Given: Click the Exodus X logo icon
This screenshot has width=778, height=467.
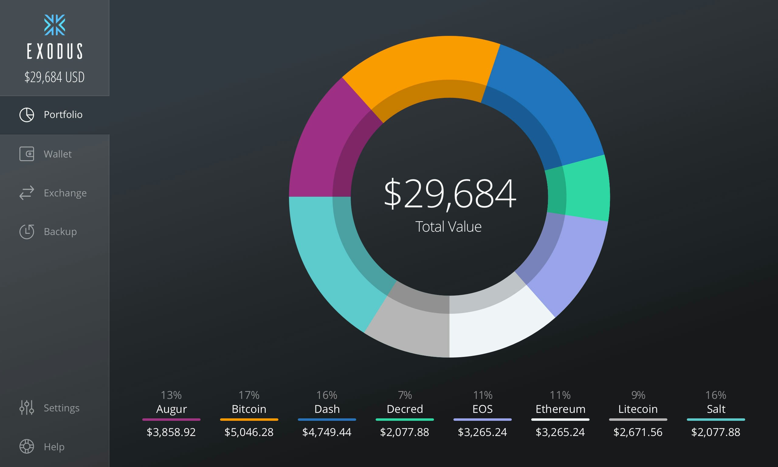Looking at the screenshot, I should [54, 25].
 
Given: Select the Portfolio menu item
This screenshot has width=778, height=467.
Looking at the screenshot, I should [63, 115].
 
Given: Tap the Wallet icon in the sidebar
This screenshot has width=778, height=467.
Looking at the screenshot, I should [27, 154].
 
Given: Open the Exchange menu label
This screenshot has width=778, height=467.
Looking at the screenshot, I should [65, 193].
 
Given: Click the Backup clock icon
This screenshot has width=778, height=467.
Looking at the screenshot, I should [27, 232].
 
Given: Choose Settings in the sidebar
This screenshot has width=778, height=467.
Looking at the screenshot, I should [61, 408].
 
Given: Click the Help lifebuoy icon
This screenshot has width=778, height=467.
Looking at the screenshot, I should [27, 446].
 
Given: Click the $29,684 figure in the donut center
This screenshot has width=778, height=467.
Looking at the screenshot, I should [450, 194].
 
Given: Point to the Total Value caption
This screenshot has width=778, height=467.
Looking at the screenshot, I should [448, 227].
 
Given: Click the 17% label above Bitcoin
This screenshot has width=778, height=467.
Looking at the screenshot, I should [249, 395].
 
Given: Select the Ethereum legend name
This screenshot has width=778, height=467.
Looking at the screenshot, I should [560, 409].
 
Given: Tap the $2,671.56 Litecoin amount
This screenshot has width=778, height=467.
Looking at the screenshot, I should [638, 432].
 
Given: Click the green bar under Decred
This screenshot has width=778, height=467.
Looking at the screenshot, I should [404, 420].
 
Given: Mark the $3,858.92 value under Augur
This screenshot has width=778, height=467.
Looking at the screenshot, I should [171, 432].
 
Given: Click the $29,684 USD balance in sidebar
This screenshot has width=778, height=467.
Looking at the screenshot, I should [54, 77].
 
